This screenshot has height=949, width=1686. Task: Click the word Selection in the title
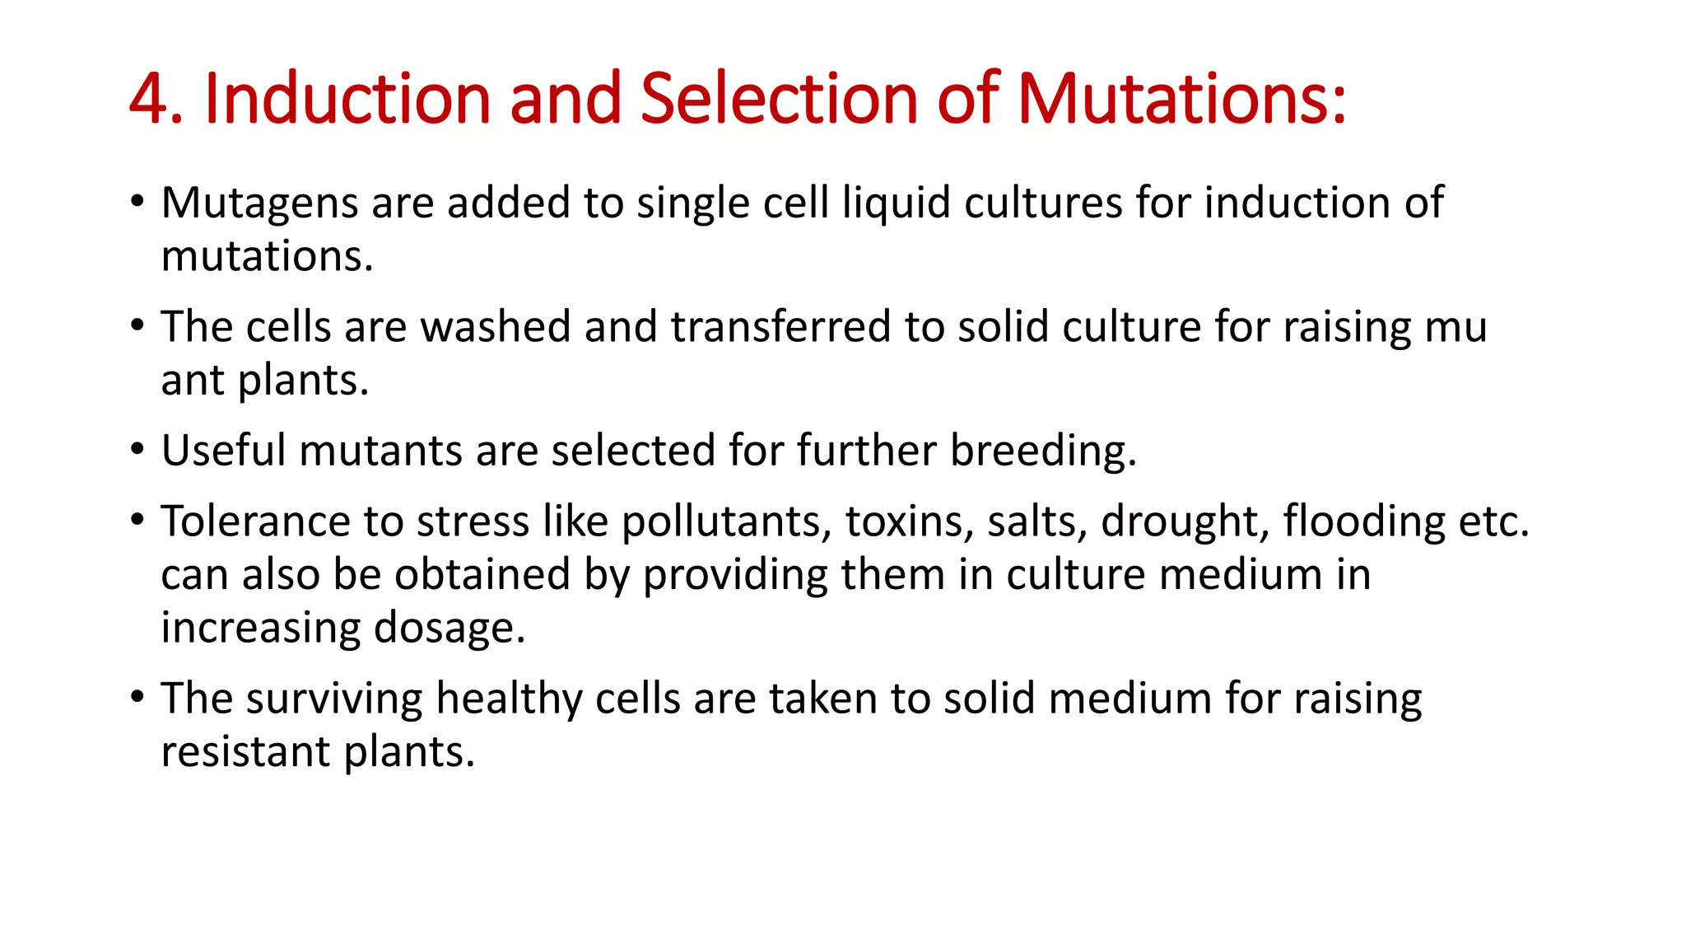pyautogui.click(x=778, y=99)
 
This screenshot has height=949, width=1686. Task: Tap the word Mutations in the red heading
pyautogui.click(x=1181, y=99)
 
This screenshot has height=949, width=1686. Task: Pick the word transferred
pyautogui.click(x=780, y=326)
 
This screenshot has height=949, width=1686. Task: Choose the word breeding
pyautogui.click(x=1043, y=451)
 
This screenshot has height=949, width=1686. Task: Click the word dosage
pyautogui.click(x=449, y=629)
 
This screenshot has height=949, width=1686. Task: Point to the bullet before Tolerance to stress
pyautogui.click(x=137, y=521)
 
